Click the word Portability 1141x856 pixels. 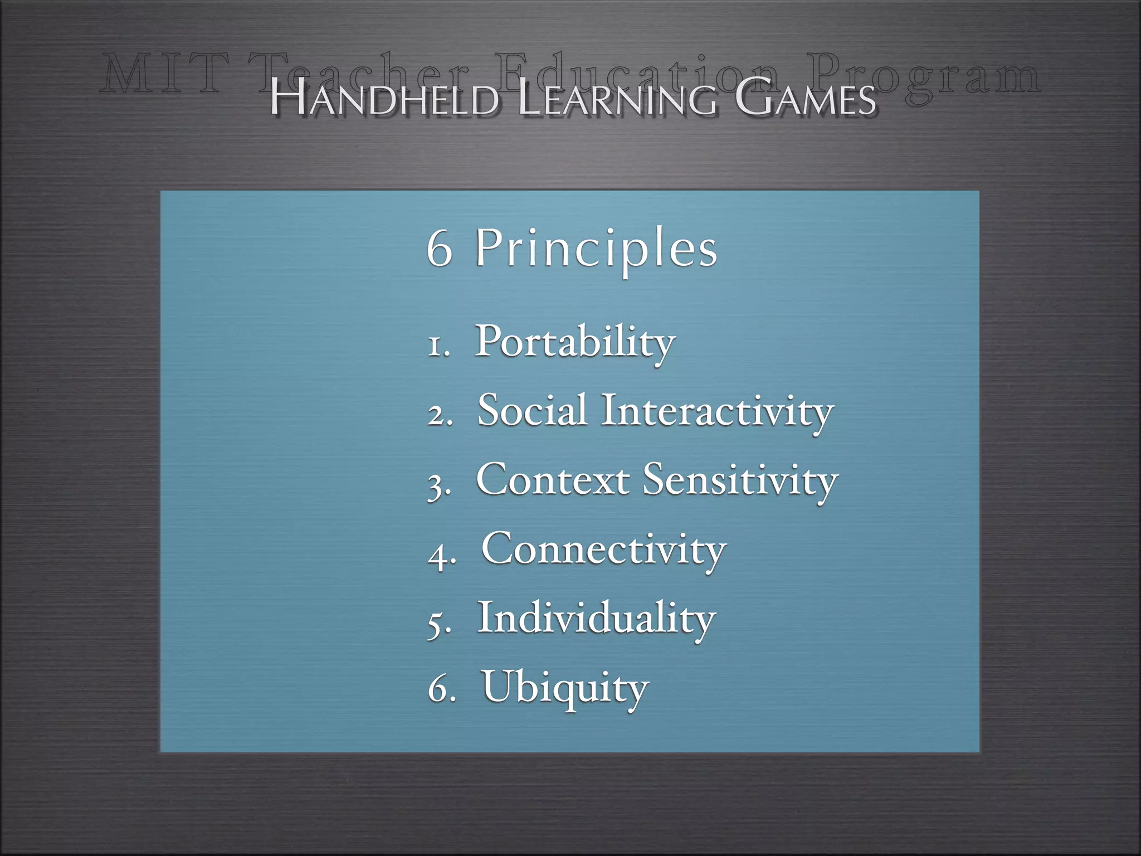[x=575, y=342]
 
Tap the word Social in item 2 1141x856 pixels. [x=532, y=411]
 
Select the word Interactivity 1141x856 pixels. [x=717, y=412]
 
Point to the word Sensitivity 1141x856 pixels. [x=740, y=481]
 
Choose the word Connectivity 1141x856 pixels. [x=603, y=550]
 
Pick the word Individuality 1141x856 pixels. [x=596, y=619]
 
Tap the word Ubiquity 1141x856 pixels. [x=565, y=688]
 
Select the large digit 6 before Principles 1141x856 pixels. [x=440, y=249]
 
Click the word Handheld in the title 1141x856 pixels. [x=384, y=100]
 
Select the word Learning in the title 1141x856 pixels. [x=616, y=100]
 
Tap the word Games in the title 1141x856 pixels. [x=806, y=100]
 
